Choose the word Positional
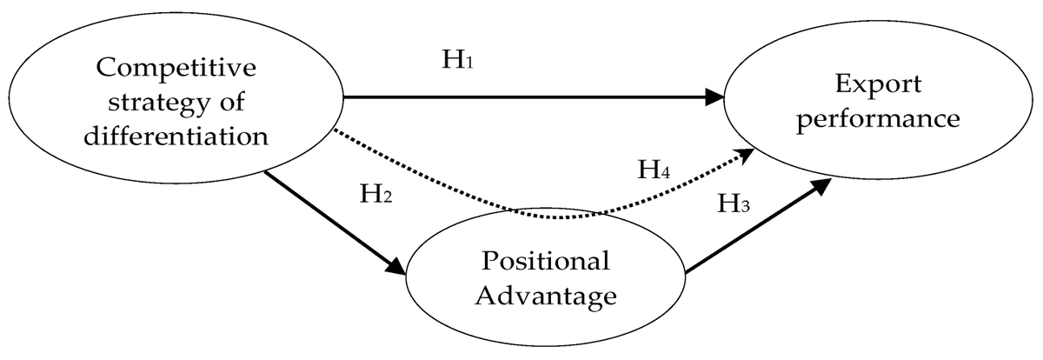(546, 262)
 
